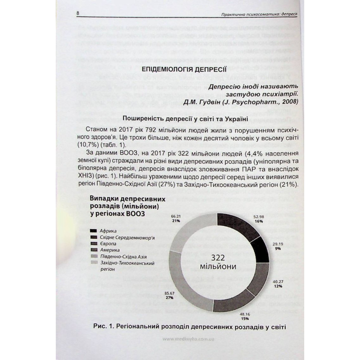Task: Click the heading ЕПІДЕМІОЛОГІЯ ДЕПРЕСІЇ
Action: pos(184,69)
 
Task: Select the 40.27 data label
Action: pos(277,282)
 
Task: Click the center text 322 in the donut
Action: pos(218,258)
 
